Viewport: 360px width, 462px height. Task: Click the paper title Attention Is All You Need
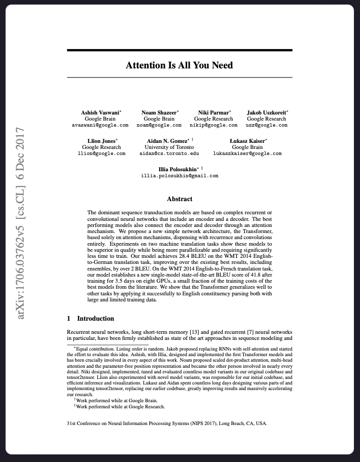tap(179, 65)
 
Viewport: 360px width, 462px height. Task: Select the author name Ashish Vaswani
tap(100, 112)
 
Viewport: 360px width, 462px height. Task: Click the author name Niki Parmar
tap(212, 112)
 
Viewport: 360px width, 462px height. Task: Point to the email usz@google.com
tap(266, 125)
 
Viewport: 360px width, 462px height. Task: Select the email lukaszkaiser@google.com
tap(247, 153)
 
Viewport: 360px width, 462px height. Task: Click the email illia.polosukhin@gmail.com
tap(179, 176)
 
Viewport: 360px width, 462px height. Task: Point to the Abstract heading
tap(179, 199)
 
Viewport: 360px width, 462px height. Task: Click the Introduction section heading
tap(95, 319)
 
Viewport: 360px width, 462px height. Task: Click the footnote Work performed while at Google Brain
tap(116, 400)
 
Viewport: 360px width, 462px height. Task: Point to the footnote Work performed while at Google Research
tap(120, 406)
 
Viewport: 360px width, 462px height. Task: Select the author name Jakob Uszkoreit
tap(267, 112)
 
